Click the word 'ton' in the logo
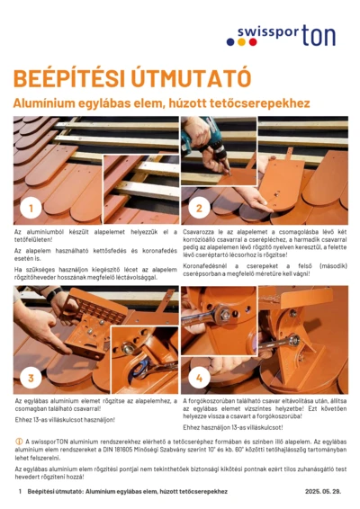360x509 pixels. pos(319,35)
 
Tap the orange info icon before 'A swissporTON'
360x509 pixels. pos(18,442)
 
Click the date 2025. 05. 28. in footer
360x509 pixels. pos(324,493)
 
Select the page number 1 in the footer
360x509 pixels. pos(19,493)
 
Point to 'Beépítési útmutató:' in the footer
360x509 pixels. pos(55,493)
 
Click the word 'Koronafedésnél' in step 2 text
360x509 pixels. pos(205,266)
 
